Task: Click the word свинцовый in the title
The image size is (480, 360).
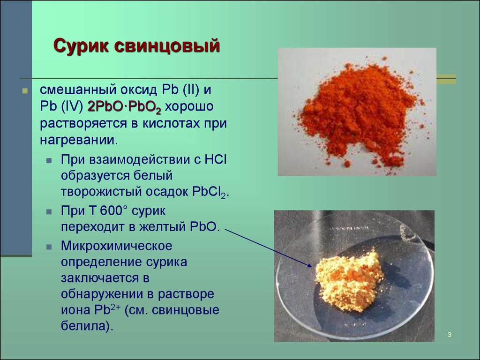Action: click(167, 46)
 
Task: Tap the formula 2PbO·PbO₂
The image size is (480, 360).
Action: click(124, 107)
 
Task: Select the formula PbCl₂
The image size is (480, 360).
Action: click(210, 192)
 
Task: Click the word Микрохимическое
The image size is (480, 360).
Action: click(117, 246)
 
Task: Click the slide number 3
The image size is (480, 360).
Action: click(450, 335)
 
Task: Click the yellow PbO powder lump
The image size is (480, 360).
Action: click(349, 280)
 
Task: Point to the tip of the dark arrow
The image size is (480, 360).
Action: click(312, 266)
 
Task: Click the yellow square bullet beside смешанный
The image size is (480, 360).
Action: click(25, 90)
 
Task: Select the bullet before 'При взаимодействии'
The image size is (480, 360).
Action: click(49, 160)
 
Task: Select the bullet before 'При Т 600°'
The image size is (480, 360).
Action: click(49, 211)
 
